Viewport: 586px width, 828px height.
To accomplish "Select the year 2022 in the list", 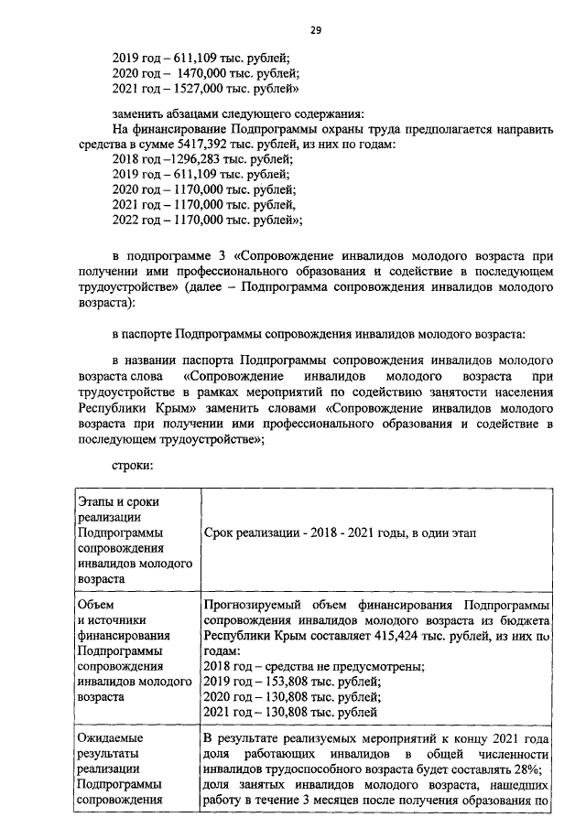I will [x=126, y=220].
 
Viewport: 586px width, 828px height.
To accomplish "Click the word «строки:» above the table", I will [x=133, y=466].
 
